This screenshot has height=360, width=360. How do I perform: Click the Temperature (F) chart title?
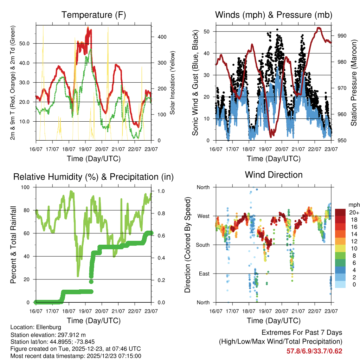coord(94,15)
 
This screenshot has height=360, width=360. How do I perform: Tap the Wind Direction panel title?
coord(274,175)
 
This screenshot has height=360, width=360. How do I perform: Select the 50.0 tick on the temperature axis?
coord(27,44)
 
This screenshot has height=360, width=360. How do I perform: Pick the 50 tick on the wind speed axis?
coord(206,32)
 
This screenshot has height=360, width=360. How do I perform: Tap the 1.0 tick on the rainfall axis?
coord(156,191)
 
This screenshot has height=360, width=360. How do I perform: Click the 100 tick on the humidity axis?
coord(26,187)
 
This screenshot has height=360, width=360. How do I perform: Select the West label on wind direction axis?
coord(203,216)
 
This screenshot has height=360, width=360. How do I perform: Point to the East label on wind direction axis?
coord(204,274)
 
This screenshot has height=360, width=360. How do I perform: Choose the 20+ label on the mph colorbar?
coord(353,212)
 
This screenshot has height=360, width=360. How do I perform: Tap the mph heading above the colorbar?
coord(353,205)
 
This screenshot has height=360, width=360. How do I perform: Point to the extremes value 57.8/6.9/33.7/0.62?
coord(314,351)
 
